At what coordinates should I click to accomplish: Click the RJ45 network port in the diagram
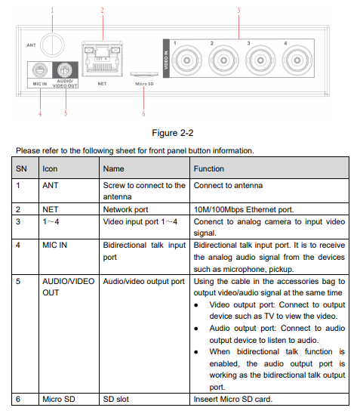[x=102, y=59]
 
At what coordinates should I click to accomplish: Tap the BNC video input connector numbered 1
[x=187, y=60]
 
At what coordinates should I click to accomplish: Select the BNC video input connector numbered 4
[x=297, y=60]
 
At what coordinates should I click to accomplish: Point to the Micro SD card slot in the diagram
[x=144, y=74]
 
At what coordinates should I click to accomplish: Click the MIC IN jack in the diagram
[x=40, y=70]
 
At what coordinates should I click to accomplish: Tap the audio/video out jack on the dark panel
[x=65, y=70]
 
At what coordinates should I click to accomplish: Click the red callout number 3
[x=238, y=11]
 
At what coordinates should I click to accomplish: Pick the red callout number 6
[x=143, y=113]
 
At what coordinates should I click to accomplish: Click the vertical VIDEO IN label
[x=166, y=60]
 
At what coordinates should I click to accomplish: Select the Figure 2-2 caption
[x=173, y=133]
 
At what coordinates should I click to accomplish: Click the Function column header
[x=209, y=168]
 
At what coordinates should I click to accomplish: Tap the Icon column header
[x=50, y=168]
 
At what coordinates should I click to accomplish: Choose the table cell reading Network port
[x=126, y=209]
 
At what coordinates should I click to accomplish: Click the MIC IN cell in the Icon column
[x=55, y=245]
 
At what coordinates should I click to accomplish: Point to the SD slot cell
[x=116, y=399]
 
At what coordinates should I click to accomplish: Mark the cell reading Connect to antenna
[x=229, y=185]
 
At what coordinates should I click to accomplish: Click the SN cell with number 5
[x=18, y=281]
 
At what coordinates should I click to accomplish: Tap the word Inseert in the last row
[x=205, y=399]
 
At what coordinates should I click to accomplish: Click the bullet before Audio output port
[x=196, y=329]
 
